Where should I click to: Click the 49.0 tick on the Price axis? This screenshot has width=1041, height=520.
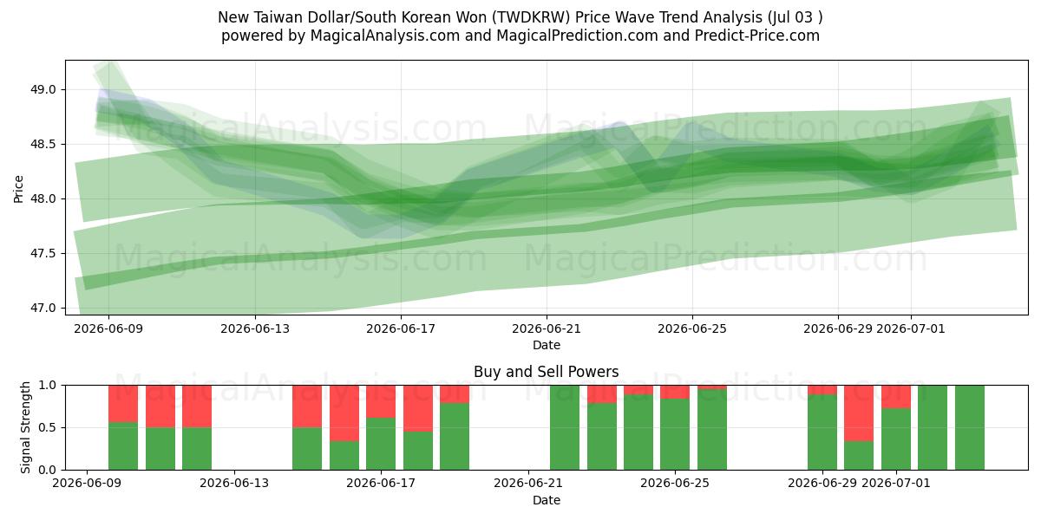point(43,89)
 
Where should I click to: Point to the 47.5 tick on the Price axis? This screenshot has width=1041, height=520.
point(43,253)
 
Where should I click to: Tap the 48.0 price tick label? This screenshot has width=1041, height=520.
point(43,198)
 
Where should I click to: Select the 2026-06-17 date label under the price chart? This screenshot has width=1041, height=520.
point(401,328)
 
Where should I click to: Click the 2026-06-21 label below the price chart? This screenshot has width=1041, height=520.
point(547,328)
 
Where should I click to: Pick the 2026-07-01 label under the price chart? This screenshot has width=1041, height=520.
point(910,328)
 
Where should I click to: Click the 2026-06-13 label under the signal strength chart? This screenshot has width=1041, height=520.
point(233,483)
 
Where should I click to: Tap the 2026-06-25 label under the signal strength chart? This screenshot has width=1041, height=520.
point(675,483)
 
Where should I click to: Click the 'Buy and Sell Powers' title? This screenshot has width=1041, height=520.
point(546,372)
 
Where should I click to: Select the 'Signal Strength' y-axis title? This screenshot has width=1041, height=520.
point(25,427)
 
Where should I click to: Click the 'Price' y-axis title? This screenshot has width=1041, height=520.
point(18,189)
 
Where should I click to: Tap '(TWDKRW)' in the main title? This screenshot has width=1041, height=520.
point(531,17)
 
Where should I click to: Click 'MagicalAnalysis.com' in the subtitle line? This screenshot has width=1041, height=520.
point(385,36)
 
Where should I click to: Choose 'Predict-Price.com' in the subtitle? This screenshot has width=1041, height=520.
point(757,36)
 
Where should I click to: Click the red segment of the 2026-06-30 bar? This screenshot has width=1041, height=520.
point(859,413)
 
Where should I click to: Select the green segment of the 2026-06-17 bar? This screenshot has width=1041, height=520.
point(381,444)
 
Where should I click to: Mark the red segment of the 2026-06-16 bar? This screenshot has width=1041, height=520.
point(344,413)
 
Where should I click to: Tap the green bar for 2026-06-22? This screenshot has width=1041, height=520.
point(565,427)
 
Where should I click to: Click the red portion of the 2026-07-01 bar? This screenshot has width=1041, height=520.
point(896,397)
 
